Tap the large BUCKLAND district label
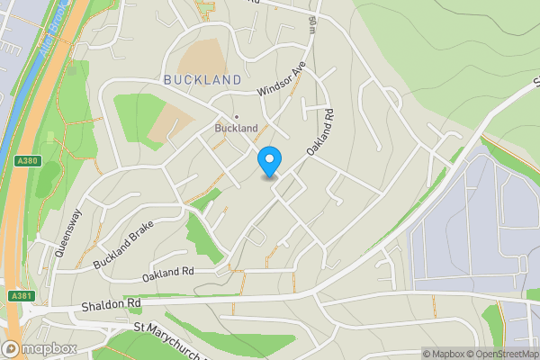[202, 80]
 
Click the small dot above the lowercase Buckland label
[237, 116]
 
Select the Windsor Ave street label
[282, 80]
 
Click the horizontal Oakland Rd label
[168, 272]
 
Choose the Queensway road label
[68, 234]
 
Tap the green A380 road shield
[27, 160]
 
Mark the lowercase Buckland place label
[236, 129]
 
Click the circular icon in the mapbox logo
[12, 348]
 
